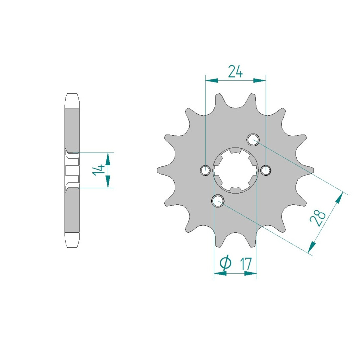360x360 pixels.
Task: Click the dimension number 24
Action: click(x=235, y=71)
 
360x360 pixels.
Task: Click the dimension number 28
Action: click(x=318, y=218)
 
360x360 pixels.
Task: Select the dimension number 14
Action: click(x=98, y=170)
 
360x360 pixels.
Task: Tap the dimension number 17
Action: click(x=246, y=264)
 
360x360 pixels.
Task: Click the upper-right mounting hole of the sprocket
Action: click(x=253, y=139)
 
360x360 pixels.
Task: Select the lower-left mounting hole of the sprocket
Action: click(x=218, y=201)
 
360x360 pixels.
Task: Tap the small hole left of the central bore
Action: click(x=205, y=170)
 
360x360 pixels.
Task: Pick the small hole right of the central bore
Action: click(x=266, y=170)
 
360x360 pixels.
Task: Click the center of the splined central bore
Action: click(x=236, y=170)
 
